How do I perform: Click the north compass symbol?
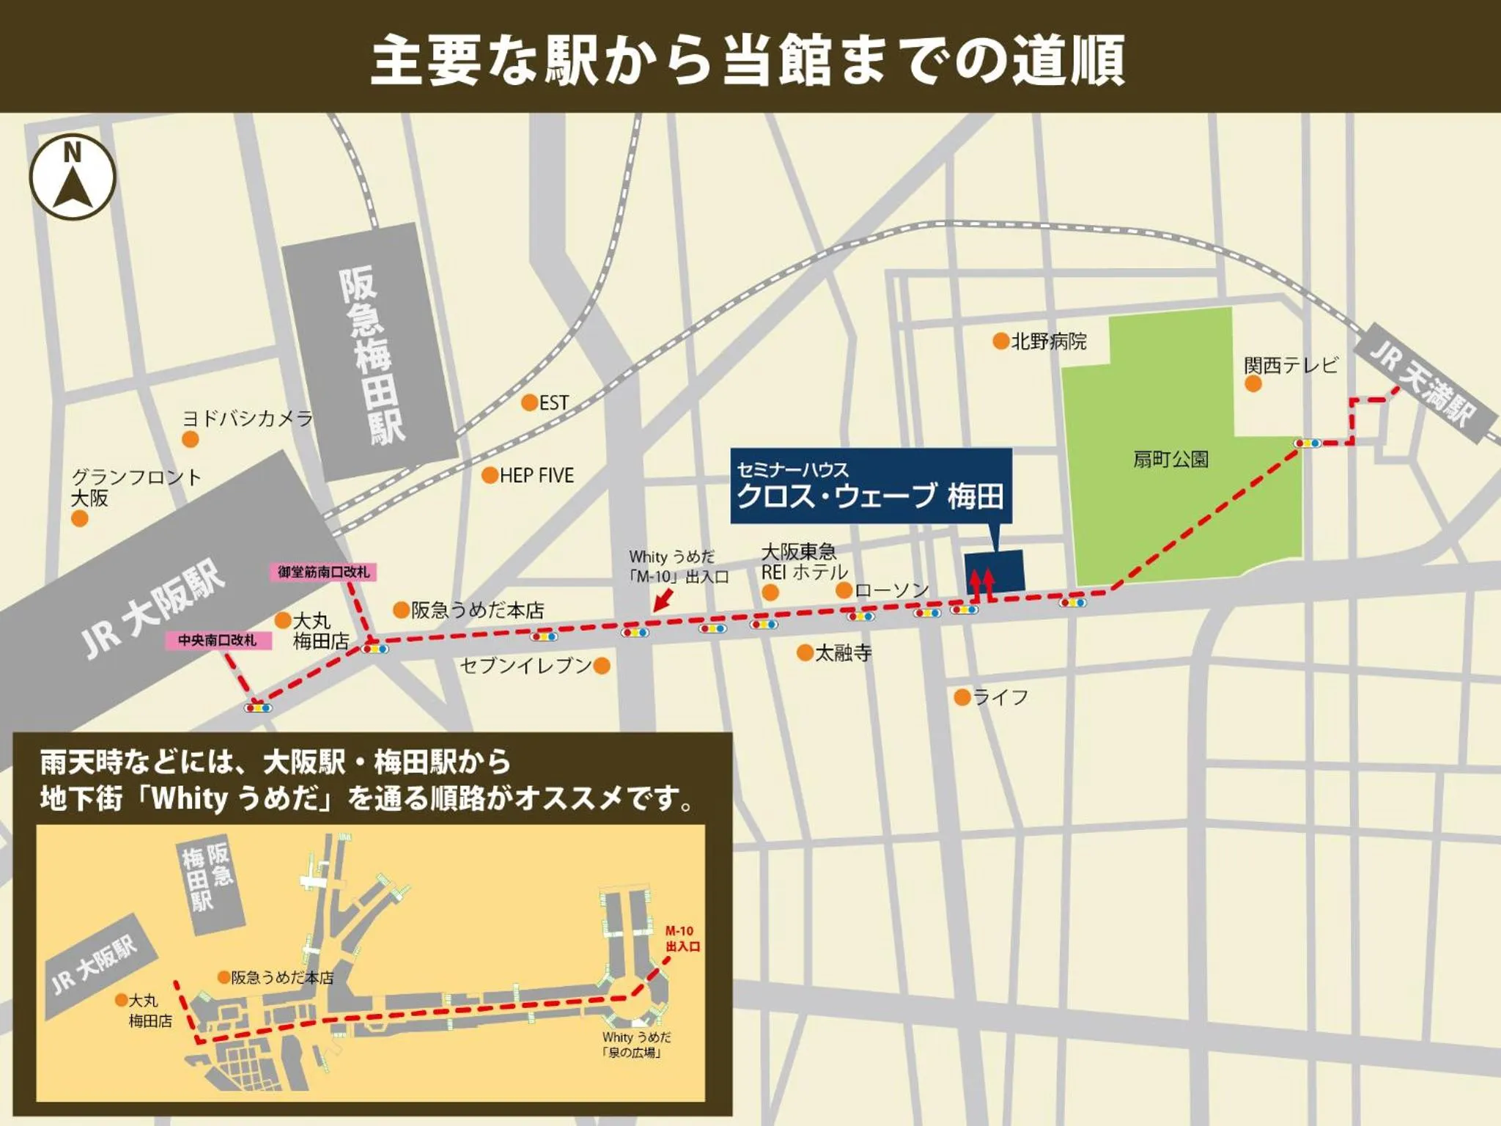coord(73,177)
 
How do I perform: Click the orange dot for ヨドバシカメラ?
coord(191,439)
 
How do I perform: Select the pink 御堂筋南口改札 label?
coord(323,572)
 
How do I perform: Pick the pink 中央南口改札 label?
coord(218,640)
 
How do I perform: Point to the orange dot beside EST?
coord(529,402)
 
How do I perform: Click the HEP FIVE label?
coord(536,476)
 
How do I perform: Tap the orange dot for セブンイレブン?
coord(602,666)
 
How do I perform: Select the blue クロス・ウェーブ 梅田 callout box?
coord(871,485)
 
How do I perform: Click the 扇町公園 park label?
coord(1170,460)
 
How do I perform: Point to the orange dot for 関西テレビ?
coord(1253,384)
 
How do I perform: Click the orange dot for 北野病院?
coord(1000,341)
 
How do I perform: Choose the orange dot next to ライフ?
coord(962,697)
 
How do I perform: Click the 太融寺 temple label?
coord(844,652)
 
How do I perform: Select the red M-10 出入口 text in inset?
coord(682,938)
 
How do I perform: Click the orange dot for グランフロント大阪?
coord(79,519)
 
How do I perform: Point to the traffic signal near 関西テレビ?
coord(1307,443)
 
